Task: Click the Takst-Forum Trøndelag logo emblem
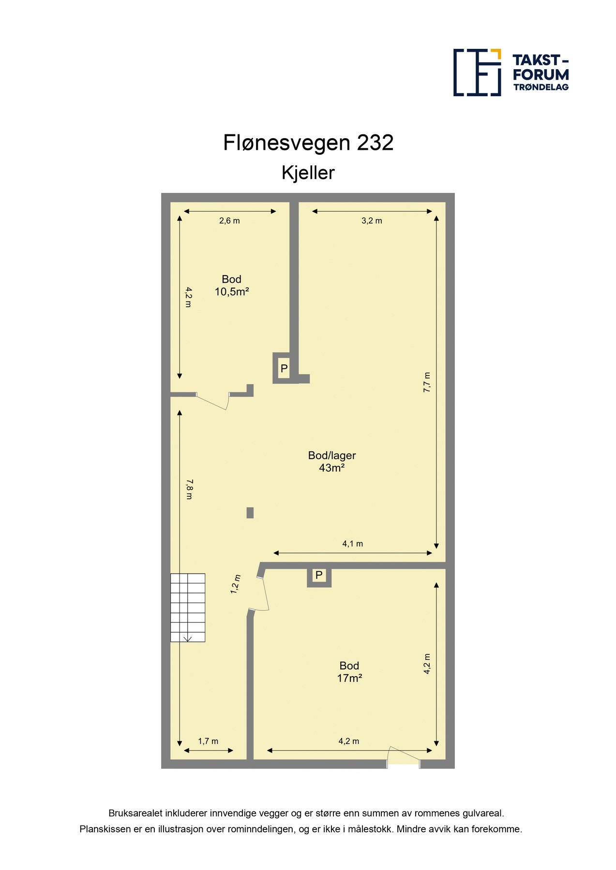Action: pos(477,72)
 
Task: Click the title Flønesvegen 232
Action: pos(308,143)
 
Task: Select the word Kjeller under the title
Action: pos(308,173)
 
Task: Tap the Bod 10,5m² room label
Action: pos(231,286)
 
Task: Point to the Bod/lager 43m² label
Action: pos(331,462)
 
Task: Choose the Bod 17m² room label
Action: pos(349,672)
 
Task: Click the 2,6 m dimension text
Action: pos(229,221)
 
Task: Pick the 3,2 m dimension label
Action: pos(372,221)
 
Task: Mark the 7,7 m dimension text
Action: pos(427,382)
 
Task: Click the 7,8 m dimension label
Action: pos(189,489)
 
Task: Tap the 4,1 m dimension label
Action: pos(352,544)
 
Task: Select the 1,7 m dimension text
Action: pos(208,741)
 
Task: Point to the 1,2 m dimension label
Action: pos(235,584)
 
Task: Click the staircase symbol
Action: pos(188,608)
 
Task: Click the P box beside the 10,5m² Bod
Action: pos(284,368)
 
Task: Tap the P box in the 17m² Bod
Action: pos(319,575)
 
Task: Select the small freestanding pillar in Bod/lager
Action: pos(250,513)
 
